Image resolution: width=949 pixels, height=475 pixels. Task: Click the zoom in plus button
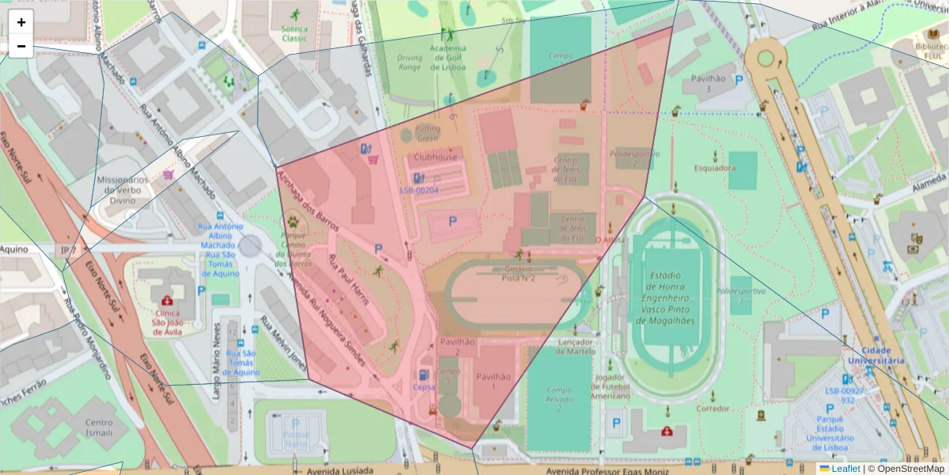[x=21, y=23]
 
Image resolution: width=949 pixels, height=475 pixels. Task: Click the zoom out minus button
[x=21, y=46]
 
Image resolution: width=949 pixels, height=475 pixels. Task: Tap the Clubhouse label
[x=435, y=158]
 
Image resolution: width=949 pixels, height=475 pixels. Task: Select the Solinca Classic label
[x=294, y=33]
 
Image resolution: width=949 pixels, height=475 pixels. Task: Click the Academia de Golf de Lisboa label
[x=448, y=58]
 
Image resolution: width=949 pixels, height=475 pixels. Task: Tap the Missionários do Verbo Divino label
[x=123, y=190]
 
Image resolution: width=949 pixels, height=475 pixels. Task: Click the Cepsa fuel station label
[x=424, y=387]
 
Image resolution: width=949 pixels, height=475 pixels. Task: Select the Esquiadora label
[x=715, y=168]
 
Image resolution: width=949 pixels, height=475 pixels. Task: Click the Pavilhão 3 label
[x=709, y=83]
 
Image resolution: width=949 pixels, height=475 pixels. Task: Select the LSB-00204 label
[x=419, y=190]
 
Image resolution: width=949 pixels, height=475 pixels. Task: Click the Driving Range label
[x=409, y=63]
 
